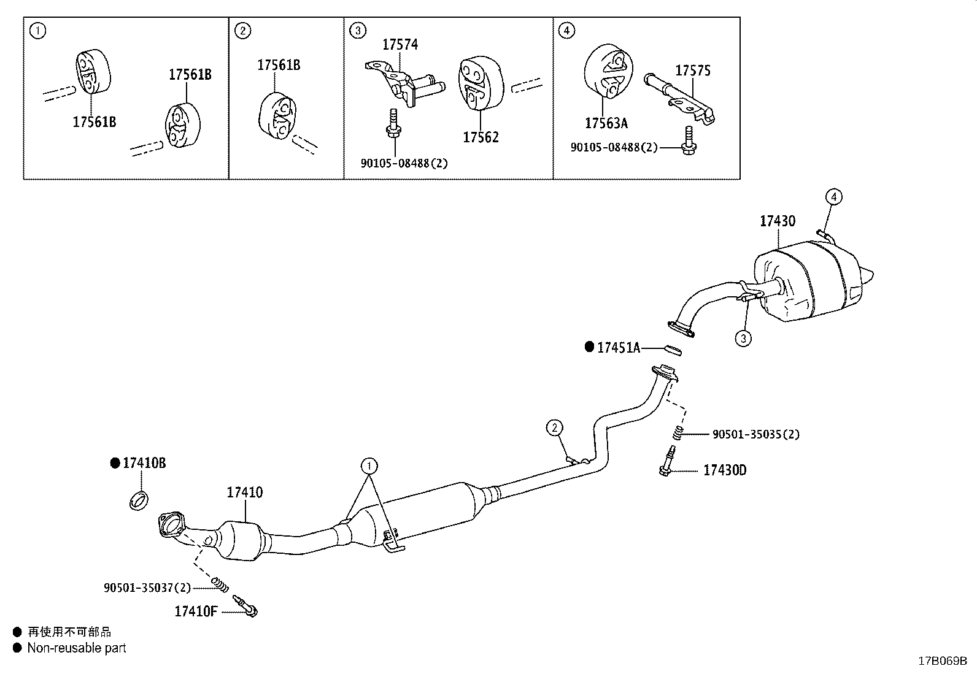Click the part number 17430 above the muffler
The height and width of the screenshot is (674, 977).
(x=778, y=221)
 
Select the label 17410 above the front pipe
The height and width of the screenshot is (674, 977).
(x=245, y=492)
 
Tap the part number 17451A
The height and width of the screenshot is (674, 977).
(x=618, y=348)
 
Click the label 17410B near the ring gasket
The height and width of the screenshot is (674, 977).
(x=144, y=463)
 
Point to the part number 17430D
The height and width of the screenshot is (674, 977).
(x=725, y=470)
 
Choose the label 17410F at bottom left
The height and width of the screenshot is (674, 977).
(x=196, y=611)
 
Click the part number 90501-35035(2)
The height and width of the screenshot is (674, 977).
(x=755, y=434)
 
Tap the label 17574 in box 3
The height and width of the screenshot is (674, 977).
(x=400, y=44)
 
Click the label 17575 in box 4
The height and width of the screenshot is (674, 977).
(x=693, y=71)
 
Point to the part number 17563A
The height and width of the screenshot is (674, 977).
(x=606, y=123)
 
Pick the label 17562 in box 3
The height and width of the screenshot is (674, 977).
(x=481, y=137)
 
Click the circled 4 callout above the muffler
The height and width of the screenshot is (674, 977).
(x=833, y=197)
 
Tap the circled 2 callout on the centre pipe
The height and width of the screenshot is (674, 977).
(x=554, y=427)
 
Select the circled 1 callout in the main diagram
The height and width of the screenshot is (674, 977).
(x=369, y=465)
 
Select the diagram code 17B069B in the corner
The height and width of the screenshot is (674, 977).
(x=942, y=661)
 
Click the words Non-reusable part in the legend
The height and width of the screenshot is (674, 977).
(x=77, y=648)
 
